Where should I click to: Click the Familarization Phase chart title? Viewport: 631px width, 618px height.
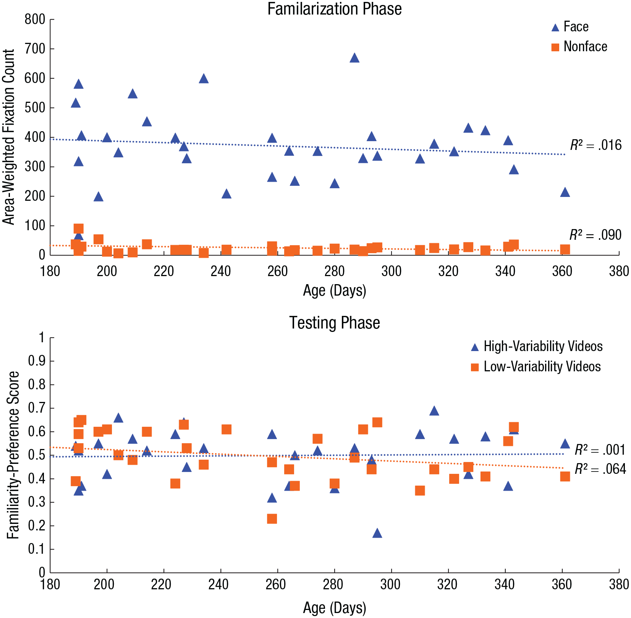pyautogui.click(x=334, y=9)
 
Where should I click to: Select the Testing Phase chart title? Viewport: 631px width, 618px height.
pyautogui.click(x=334, y=323)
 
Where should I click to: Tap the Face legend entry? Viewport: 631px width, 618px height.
pyautogui.click(x=570, y=27)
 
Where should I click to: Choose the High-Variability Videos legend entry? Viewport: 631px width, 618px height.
pyautogui.click(x=537, y=346)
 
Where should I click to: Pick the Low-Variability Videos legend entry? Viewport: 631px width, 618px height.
pyautogui.click(x=536, y=367)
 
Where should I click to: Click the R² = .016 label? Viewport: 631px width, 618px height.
pyautogui.click(x=596, y=145)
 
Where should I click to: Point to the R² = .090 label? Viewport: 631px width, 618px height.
pyautogui.click(x=595, y=235)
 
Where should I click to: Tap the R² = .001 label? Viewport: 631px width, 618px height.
pyautogui.click(x=600, y=450)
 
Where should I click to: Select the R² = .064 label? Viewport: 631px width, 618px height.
pyautogui.click(x=600, y=469)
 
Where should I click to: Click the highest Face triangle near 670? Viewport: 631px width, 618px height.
pyautogui.click(x=354, y=58)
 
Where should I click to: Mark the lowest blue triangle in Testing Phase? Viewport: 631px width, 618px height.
pyautogui.click(x=377, y=533)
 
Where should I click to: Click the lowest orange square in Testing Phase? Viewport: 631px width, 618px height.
pyautogui.click(x=272, y=519)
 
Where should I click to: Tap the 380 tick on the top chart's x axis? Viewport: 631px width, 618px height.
pyautogui.click(x=619, y=271)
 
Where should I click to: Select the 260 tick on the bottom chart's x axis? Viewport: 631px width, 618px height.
pyautogui.click(x=277, y=584)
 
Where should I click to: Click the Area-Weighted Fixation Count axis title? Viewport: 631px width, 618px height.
pyautogui.click(x=8, y=137)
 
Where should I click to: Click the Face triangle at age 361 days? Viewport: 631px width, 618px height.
pyautogui.click(x=565, y=192)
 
